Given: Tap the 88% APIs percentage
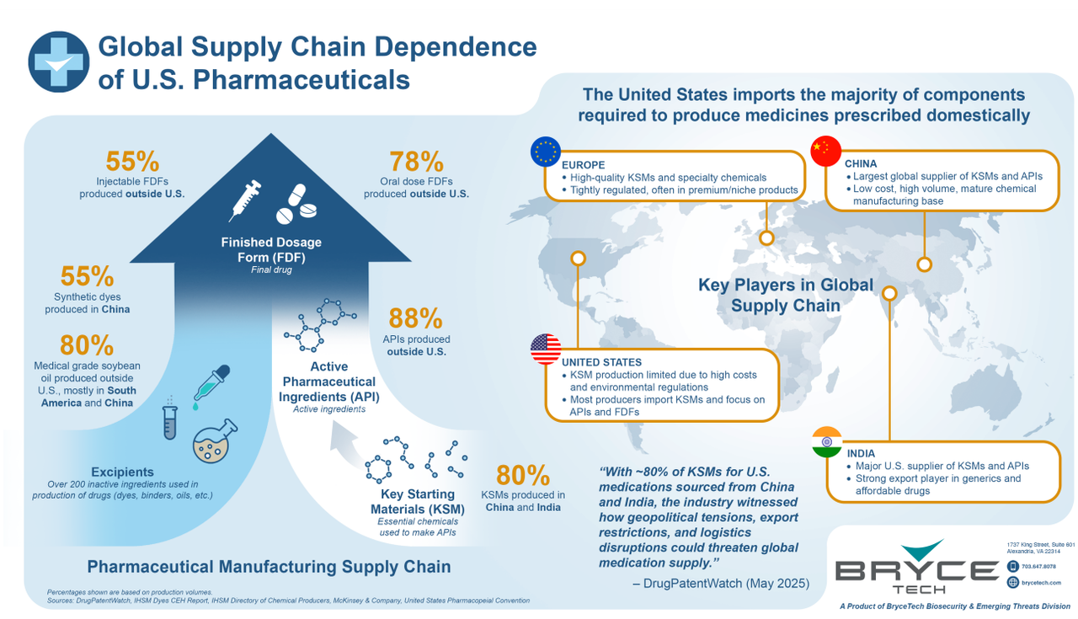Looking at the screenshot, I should point(415,318).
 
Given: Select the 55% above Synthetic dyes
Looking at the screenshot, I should point(87,276).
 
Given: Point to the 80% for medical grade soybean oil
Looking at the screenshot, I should point(87,344).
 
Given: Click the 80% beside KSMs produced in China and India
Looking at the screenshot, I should point(523,474).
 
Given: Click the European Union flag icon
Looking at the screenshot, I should point(546,151).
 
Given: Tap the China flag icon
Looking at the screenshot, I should point(825,150).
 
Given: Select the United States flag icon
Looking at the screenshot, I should point(546,350).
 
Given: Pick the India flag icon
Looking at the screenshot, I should point(826,443).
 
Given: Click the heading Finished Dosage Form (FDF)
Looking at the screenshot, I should point(271,249).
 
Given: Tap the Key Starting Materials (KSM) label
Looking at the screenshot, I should point(413,501).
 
